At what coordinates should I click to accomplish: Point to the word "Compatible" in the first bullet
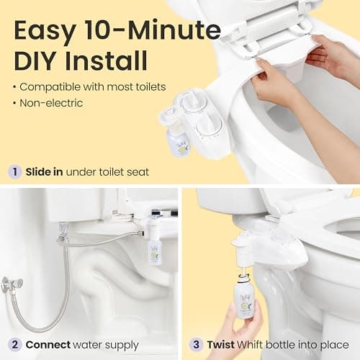(x=48, y=86)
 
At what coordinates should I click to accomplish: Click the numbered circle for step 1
(x=14, y=172)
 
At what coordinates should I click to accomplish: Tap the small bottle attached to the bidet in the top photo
(x=176, y=138)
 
